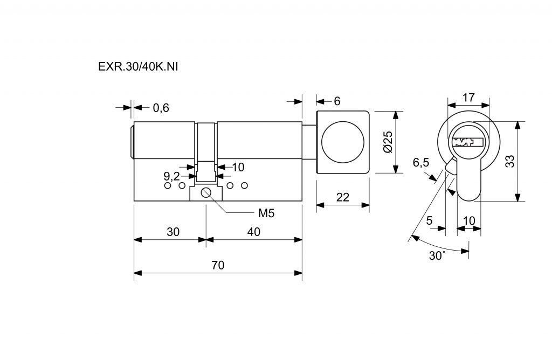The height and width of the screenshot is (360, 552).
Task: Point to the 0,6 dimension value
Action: tap(161, 108)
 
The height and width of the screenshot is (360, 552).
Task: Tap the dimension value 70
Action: tap(218, 265)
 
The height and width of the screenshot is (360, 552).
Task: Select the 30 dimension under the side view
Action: tap(172, 232)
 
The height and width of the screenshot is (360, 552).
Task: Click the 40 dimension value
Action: tap(253, 232)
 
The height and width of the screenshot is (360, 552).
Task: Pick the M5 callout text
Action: tap(266, 213)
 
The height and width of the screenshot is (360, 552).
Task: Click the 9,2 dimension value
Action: tap(171, 176)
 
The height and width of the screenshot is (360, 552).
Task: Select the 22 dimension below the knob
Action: tap(342, 198)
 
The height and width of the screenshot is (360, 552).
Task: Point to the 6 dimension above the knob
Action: tap(337, 101)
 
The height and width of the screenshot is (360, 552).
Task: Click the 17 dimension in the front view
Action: tap(468, 98)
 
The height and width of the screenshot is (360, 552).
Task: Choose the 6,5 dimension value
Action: tap(421, 163)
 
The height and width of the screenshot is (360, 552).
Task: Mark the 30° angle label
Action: tap(437, 255)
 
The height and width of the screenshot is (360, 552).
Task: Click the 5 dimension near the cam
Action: tap(430, 220)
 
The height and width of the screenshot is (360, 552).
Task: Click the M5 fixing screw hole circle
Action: tap(206, 193)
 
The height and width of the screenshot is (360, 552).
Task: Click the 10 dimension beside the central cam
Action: tap(238, 167)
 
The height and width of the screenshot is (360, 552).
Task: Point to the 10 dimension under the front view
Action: tap(468, 220)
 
